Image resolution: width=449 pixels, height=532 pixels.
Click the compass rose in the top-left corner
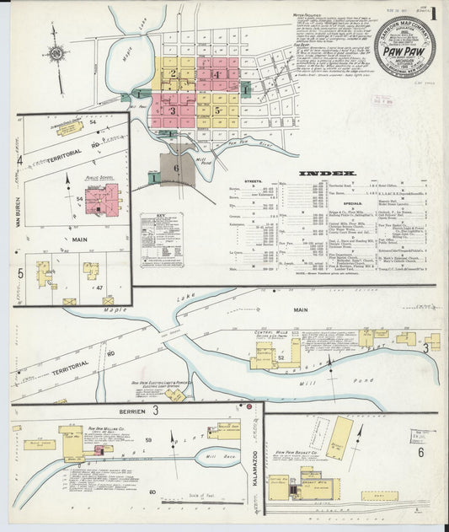click(x=56, y=55)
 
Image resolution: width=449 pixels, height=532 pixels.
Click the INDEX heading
click(x=332, y=174)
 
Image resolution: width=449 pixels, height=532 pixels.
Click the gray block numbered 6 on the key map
click(x=177, y=168)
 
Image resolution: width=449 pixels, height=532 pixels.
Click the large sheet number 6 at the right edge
click(x=420, y=452)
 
